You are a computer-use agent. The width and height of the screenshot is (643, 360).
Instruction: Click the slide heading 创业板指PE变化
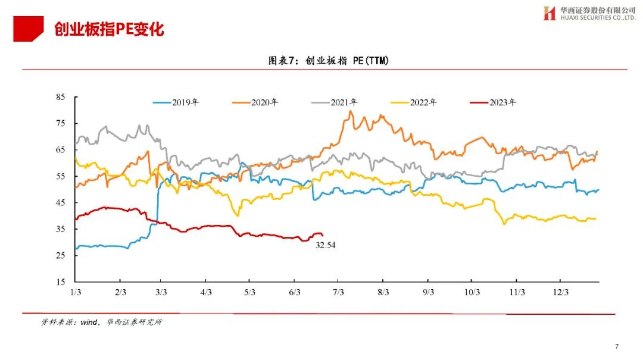click(x=108, y=29)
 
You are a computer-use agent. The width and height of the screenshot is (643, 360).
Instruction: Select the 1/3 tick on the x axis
click(x=76, y=292)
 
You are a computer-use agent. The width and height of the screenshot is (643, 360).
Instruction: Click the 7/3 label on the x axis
click(x=339, y=292)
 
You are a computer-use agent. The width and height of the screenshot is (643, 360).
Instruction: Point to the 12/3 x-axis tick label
click(x=561, y=292)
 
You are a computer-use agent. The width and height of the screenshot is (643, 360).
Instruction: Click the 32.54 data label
click(x=326, y=245)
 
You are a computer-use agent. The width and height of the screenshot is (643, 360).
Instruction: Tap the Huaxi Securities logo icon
click(x=549, y=14)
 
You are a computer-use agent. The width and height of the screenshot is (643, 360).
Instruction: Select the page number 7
click(x=617, y=346)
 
